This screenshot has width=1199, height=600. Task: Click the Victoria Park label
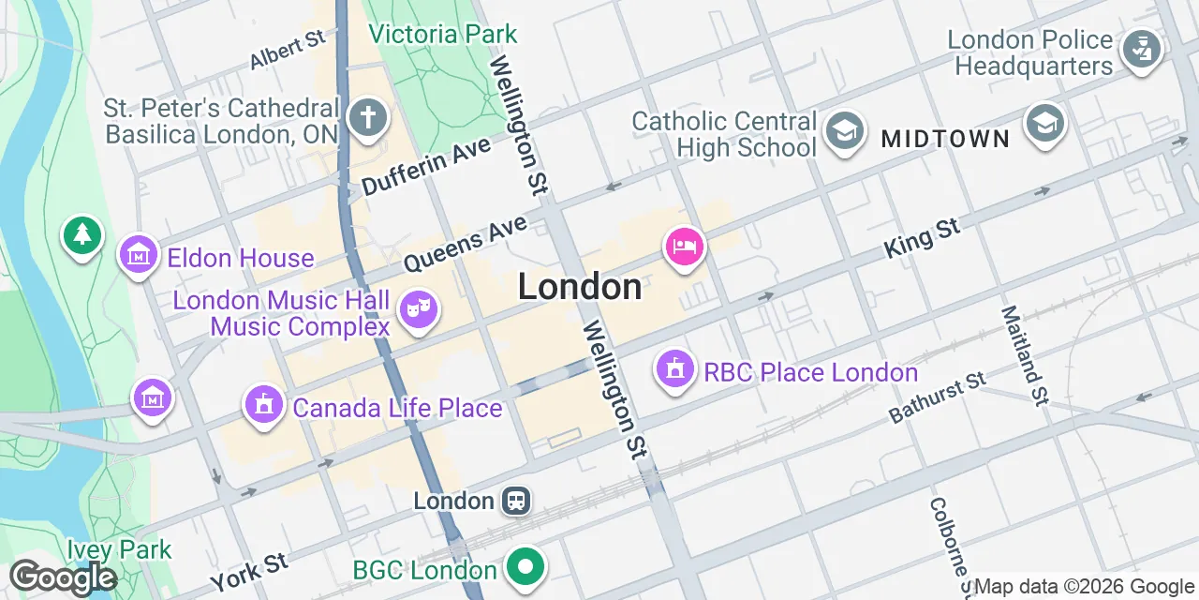pyautogui.click(x=442, y=35)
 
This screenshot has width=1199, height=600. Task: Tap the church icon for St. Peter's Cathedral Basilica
pyautogui.click(x=367, y=119)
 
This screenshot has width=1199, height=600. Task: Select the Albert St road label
pyautogui.click(x=287, y=50)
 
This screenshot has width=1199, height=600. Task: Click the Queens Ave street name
pyautogui.click(x=466, y=241)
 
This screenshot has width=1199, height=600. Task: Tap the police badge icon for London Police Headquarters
pyautogui.click(x=1140, y=50)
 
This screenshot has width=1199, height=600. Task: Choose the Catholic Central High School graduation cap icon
pyautogui.click(x=845, y=131)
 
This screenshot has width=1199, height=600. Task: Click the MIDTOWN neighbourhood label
pyautogui.click(x=945, y=140)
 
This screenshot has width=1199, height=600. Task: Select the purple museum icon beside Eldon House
pyautogui.click(x=139, y=254)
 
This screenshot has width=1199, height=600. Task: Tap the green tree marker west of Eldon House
pyautogui.click(x=83, y=234)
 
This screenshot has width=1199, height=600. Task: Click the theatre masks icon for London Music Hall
pyautogui.click(x=418, y=308)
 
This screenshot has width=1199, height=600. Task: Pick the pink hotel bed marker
pyautogui.click(x=685, y=247)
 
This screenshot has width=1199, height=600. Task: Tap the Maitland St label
pyautogui.click(x=1022, y=355)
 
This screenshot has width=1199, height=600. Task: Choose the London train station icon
pyautogui.click(x=515, y=501)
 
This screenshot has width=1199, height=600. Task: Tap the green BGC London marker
pyautogui.click(x=525, y=567)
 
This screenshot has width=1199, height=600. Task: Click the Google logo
pyautogui.click(x=63, y=577)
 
